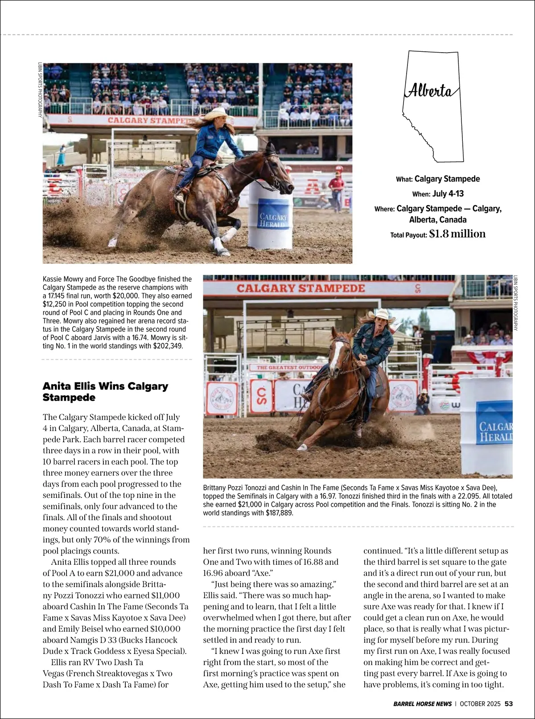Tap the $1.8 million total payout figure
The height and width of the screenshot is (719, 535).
pos(457,234)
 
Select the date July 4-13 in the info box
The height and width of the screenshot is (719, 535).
pos(448,194)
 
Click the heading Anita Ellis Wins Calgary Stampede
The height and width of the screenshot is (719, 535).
pos(105,391)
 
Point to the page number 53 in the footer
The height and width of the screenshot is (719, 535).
pos(509,704)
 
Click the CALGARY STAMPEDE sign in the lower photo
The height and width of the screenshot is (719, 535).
pos(300,288)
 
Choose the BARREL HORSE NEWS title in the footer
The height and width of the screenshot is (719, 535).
pos(422,704)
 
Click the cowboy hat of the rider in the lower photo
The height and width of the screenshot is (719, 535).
pos(381,315)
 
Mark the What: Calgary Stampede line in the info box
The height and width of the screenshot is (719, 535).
pos(438,179)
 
